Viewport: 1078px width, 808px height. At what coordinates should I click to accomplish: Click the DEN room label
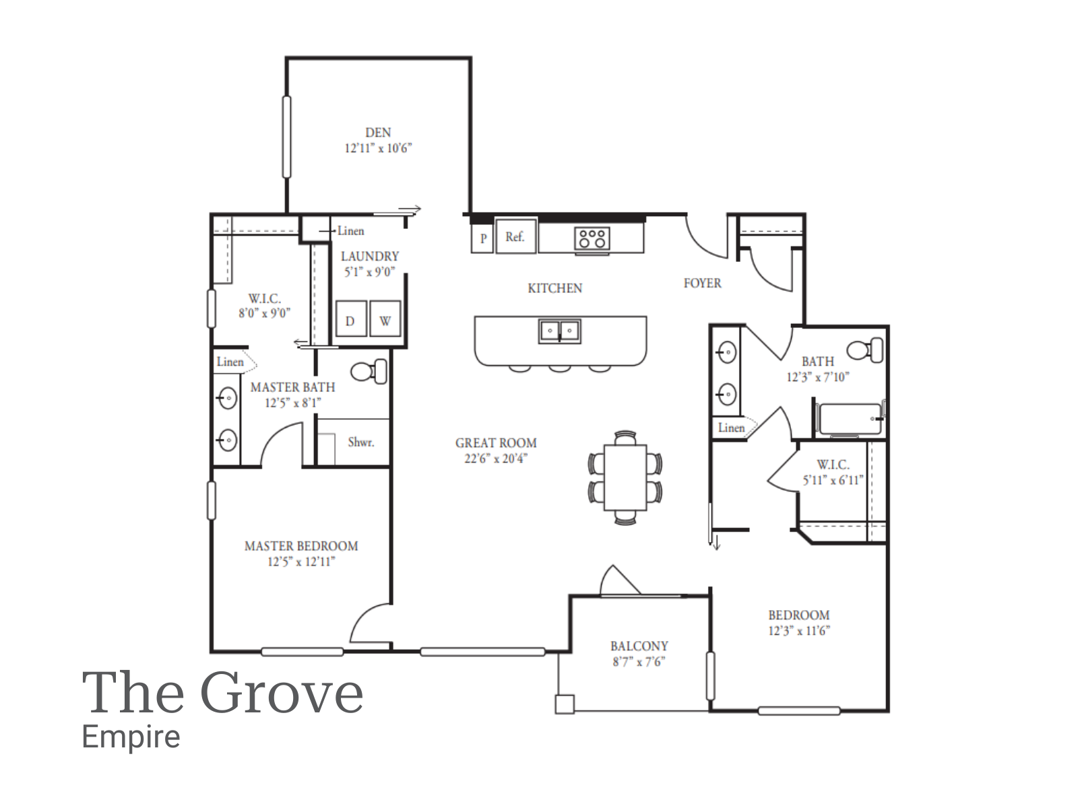tap(377, 133)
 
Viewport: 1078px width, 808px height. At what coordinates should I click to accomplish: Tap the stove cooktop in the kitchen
tap(592, 238)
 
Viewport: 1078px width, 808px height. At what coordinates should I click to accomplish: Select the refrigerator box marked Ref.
tap(515, 236)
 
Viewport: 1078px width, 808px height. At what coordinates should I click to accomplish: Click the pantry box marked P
tap(482, 238)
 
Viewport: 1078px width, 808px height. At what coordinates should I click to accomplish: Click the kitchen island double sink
tap(559, 331)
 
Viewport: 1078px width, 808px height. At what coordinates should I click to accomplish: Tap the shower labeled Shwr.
tap(360, 442)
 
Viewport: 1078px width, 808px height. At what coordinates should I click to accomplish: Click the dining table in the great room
tap(625, 477)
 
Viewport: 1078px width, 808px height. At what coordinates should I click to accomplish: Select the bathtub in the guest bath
tap(850, 419)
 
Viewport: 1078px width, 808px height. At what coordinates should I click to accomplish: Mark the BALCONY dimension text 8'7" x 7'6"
tap(638, 662)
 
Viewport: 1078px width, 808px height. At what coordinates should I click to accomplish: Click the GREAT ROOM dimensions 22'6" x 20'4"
tap(495, 459)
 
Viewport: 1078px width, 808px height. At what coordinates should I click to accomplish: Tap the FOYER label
tap(702, 283)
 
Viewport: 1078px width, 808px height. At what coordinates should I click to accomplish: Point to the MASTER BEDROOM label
tap(301, 546)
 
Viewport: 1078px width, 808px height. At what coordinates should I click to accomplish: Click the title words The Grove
tap(222, 692)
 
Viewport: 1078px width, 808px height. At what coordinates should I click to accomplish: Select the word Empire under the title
tap(131, 737)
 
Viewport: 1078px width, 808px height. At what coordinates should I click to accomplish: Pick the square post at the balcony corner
tap(564, 704)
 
